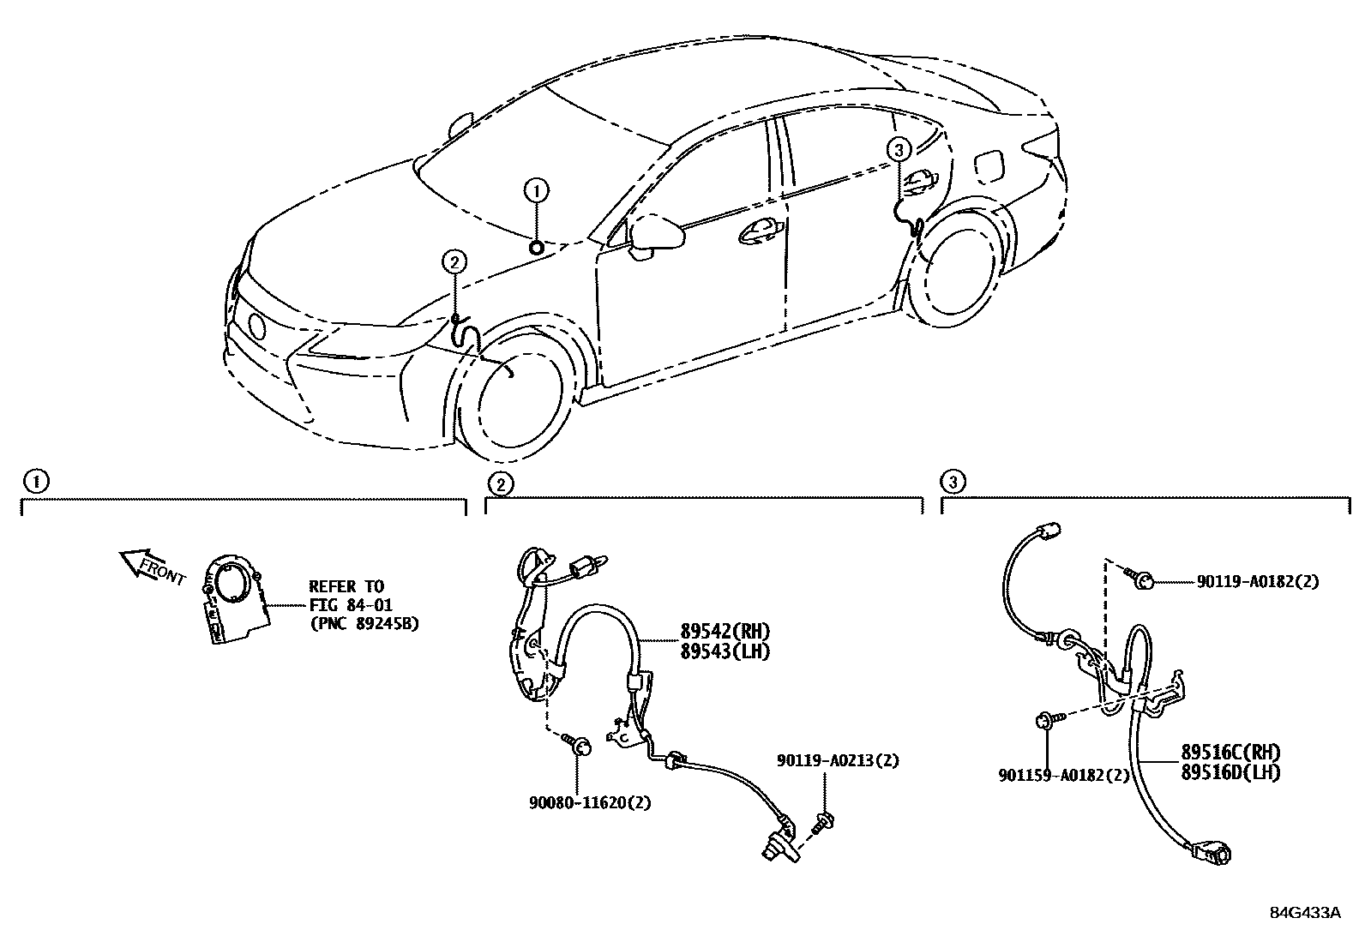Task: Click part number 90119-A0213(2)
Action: coord(838,760)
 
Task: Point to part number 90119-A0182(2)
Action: coord(1257,582)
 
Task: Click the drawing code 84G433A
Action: coord(1304,912)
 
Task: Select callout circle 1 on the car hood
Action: coord(536,190)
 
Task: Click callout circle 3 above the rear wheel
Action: coord(898,151)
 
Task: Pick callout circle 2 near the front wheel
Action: coord(454,261)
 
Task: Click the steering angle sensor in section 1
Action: coord(232,599)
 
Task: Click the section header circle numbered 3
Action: coord(953,483)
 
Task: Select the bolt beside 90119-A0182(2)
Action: coord(1144,583)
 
